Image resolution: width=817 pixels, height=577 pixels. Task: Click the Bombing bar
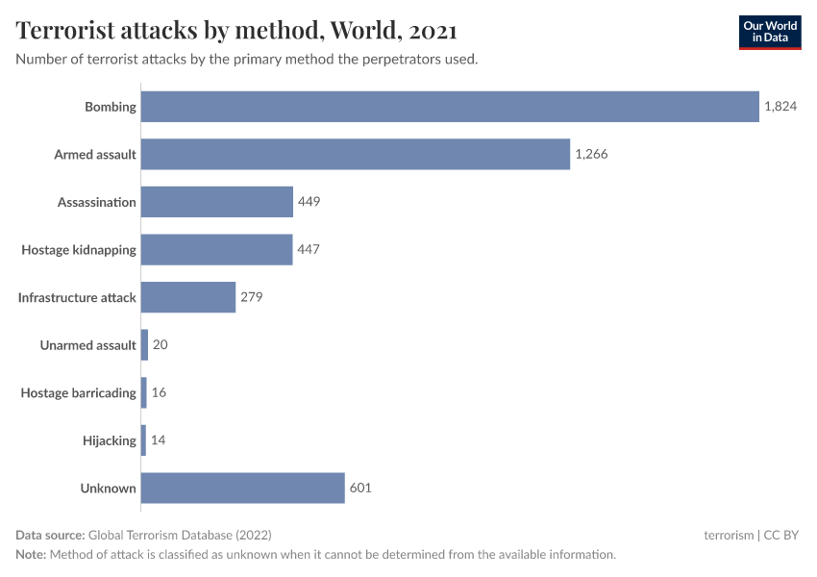pos(450,107)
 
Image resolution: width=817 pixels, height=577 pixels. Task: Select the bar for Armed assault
pos(356,154)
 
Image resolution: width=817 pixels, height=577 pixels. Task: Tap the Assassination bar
pos(217,202)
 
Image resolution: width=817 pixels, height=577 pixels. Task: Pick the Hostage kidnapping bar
pos(216,249)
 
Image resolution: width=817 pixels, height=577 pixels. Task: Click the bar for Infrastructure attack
pos(188,297)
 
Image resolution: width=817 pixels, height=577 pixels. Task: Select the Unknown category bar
pos(243,488)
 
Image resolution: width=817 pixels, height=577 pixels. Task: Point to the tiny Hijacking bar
pos(144,440)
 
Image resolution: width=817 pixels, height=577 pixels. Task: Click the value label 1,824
pos(780,107)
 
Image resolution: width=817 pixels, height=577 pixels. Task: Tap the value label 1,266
pos(591,154)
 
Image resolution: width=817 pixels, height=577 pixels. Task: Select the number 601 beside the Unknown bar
pos(360,488)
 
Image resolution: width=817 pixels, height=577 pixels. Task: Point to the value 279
pos(251,297)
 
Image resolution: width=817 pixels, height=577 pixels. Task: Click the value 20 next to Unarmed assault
pos(161,344)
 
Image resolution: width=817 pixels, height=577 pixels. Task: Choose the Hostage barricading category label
pos(79,392)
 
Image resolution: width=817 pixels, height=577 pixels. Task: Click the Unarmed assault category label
pos(88,344)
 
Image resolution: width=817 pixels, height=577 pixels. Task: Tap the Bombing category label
pos(111,107)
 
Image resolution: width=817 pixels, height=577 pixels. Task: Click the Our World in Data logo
pos(769,32)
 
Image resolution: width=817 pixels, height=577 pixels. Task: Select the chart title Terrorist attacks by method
pos(235,31)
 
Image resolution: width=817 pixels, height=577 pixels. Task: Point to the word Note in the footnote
pos(31,554)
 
